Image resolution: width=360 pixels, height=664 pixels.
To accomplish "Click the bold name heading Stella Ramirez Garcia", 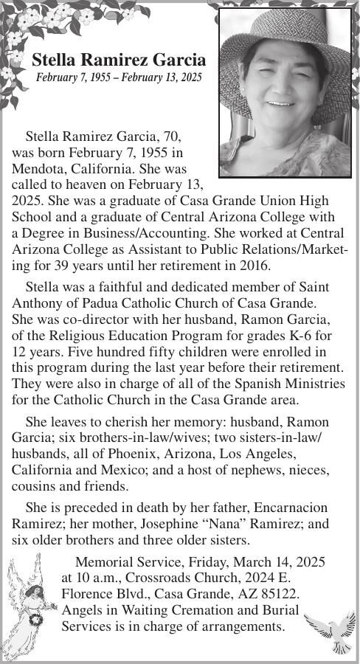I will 118,60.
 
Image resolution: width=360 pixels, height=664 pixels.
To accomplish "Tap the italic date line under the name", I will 118,77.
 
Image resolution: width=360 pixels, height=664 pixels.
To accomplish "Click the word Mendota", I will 36,168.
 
